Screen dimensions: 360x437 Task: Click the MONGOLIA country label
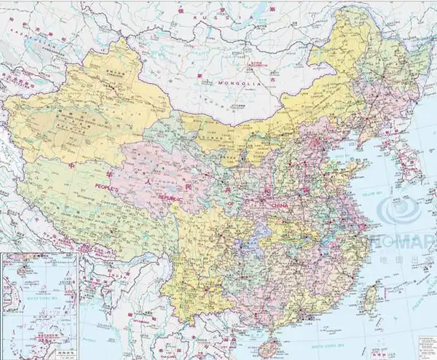pyautogui.click(x=238, y=84)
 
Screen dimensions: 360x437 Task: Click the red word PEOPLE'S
pyautogui.click(x=108, y=187)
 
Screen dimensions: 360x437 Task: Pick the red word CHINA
pyautogui.click(x=280, y=206)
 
